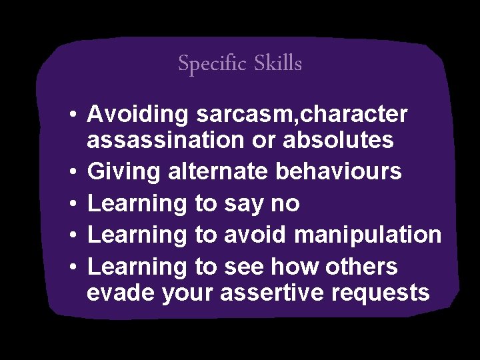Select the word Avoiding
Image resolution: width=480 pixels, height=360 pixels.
pos(139,115)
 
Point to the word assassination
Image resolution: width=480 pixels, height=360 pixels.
pos(166,141)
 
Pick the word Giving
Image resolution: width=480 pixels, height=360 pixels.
pos(124,172)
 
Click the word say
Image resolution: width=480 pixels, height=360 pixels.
pos(247,204)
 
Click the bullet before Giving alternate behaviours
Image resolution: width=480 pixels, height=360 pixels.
pos(75,173)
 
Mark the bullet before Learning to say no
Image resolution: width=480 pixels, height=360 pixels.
pos(75,204)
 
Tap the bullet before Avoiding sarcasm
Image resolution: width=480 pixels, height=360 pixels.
pos(75,115)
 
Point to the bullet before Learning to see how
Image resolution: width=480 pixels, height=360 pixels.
pos(75,267)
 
